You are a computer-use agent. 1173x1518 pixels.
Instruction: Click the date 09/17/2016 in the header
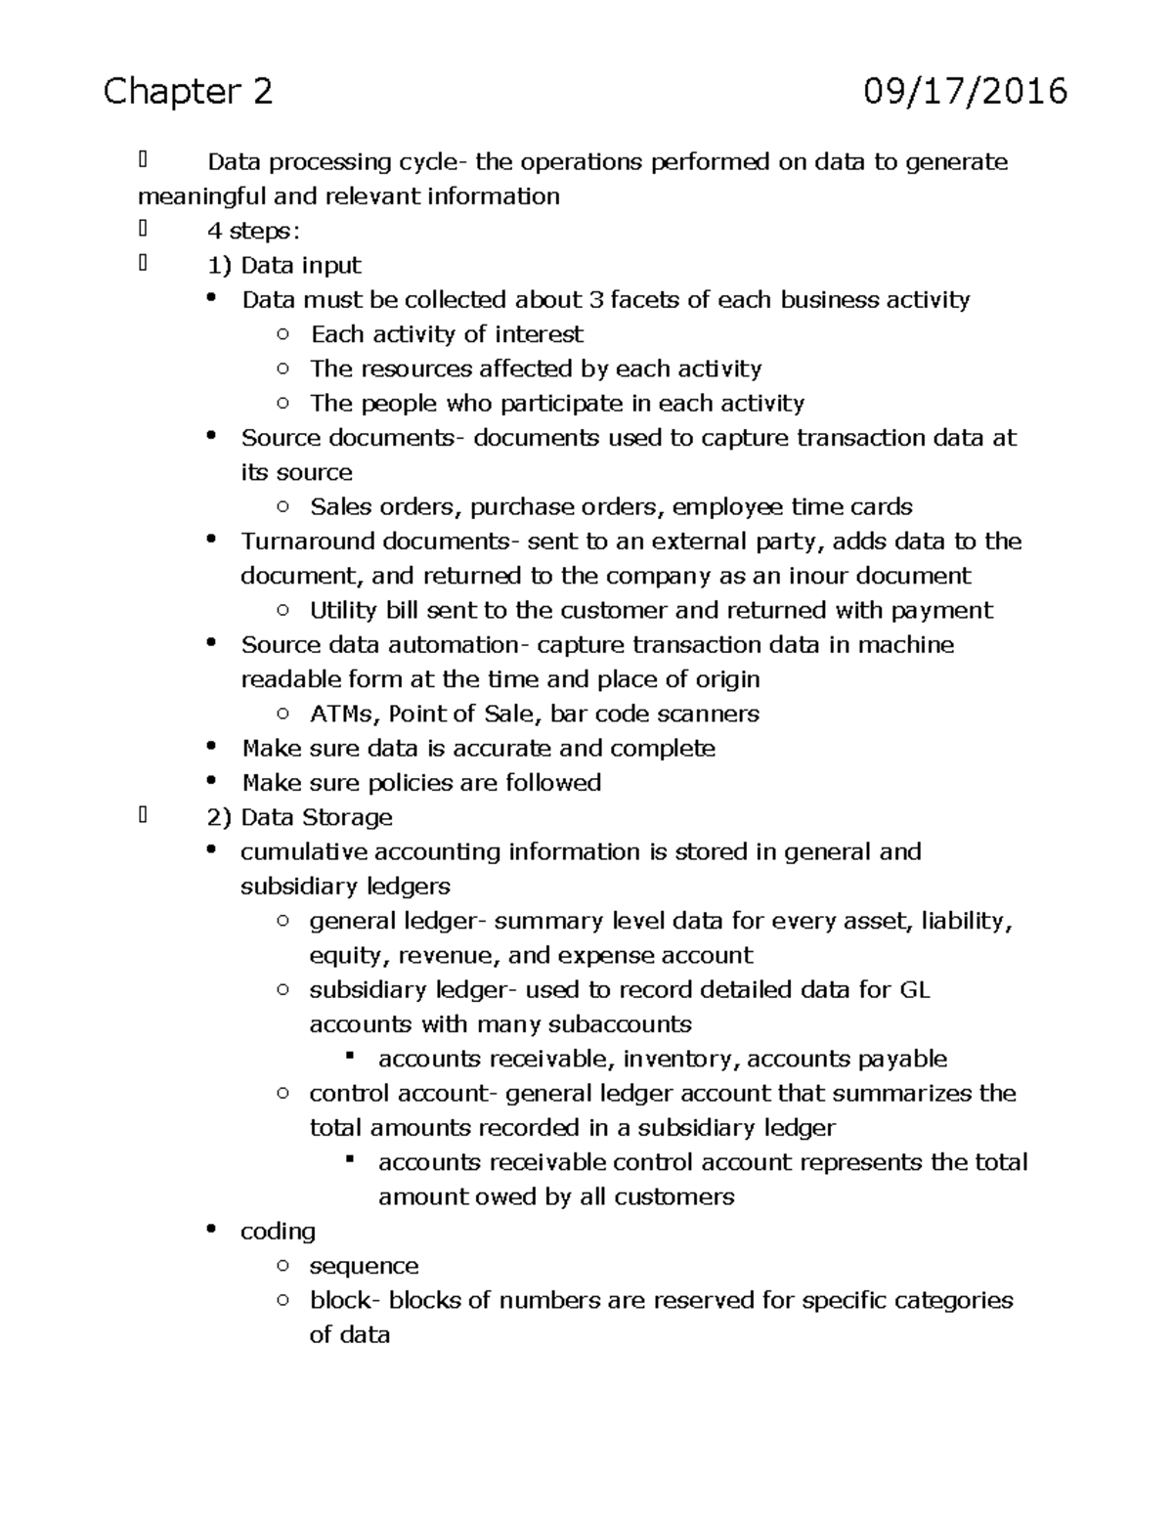(x=965, y=92)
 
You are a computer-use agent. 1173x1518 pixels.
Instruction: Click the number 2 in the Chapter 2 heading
(x=261, y=92)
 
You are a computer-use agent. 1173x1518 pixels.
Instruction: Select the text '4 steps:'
(x=254, y=232)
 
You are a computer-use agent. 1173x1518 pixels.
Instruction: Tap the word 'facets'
(x=645, y=300)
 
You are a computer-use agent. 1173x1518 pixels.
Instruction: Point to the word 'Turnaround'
(x=308, y=542)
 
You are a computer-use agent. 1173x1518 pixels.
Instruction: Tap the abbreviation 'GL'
(x=914, y=990)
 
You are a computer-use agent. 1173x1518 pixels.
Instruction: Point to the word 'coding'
(x=278, y=1232)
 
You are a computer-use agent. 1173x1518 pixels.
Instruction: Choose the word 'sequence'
(x=364, y=1267)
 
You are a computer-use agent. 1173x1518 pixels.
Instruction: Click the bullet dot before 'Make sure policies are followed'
(x=211, y=782)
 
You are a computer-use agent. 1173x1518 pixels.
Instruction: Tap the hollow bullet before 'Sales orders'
(x=282, y=506)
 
